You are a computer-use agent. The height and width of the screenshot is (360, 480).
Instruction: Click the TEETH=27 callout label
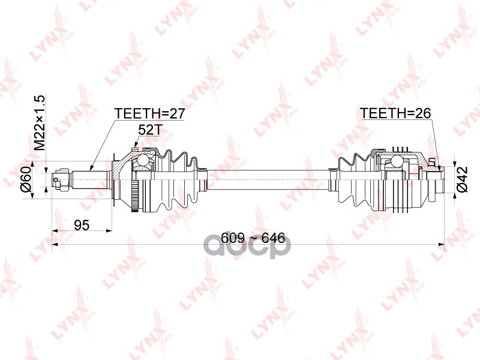pos(149,113)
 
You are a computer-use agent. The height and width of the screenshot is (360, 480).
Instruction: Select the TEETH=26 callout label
pos(395,113)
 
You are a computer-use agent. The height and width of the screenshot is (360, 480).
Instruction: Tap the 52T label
pos(149,130)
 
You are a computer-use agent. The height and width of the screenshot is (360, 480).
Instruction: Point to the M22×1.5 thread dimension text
pos(40,122)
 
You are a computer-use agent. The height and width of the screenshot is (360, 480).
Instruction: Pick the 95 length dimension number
pos(82,226)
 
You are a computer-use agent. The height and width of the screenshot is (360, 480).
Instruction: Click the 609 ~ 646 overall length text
pos(253,238)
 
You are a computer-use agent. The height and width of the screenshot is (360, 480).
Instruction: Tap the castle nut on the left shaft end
pos(63,179)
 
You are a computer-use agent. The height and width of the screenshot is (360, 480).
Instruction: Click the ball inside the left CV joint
pos(142,160)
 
